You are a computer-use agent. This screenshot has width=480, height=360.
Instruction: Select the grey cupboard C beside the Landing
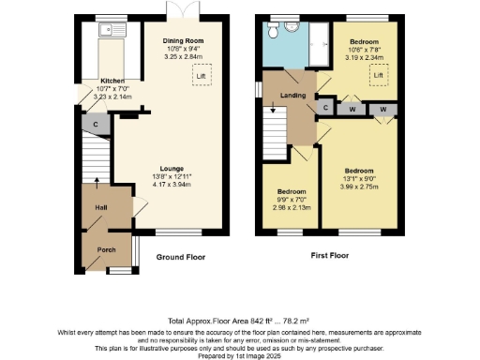[x=325, y=109]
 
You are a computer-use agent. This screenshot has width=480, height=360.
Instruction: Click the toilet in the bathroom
[x=272, y=32]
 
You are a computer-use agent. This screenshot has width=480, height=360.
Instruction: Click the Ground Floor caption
[x=180, y=257]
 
